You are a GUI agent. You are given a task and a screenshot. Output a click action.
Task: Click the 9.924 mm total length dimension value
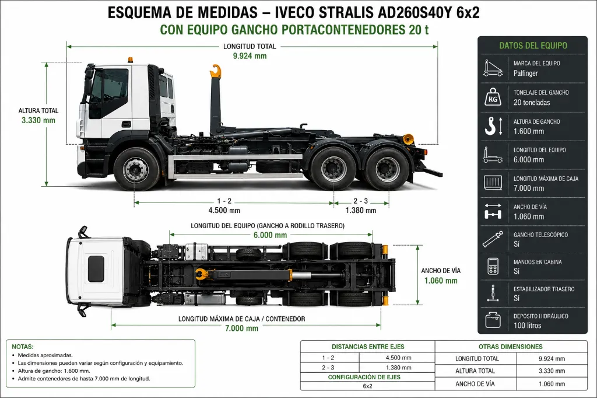250,56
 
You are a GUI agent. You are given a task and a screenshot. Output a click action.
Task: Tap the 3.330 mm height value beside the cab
38,120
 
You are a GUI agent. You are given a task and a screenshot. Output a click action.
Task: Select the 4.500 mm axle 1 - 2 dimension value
224,211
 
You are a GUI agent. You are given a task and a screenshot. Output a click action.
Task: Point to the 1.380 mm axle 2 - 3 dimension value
360,211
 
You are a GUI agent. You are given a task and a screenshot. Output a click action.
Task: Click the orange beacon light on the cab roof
131,60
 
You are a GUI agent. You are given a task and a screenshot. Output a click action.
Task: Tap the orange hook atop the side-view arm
216,72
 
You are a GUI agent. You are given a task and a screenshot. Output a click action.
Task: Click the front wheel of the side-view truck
136,169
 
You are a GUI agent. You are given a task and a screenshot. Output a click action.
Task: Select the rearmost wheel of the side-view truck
387,169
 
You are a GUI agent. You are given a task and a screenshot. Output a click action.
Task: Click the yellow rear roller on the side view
408,139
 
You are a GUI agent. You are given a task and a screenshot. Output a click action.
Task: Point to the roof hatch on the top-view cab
96,269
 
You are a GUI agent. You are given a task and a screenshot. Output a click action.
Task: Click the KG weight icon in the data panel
493,97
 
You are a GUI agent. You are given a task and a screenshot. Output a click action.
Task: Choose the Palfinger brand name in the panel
525,73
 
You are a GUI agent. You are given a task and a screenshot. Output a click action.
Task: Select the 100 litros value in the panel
527,326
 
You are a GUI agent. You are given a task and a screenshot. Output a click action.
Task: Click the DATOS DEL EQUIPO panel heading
533,46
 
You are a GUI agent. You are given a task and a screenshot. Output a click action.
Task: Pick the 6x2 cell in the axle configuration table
367,386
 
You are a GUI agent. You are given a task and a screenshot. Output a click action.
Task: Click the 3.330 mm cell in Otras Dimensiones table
552,371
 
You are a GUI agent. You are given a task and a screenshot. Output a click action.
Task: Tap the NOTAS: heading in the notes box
23,347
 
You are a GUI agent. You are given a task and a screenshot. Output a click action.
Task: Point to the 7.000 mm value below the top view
242,328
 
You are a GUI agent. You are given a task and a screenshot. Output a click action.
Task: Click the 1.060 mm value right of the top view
441,281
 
